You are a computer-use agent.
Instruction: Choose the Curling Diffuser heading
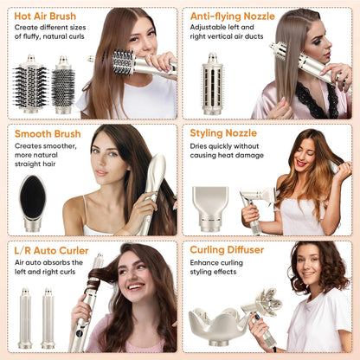[x=228, y=250]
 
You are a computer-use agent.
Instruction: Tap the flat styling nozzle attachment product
[x=210, y=207]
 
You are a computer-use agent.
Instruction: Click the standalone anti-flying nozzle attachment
[x=211, y=83]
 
